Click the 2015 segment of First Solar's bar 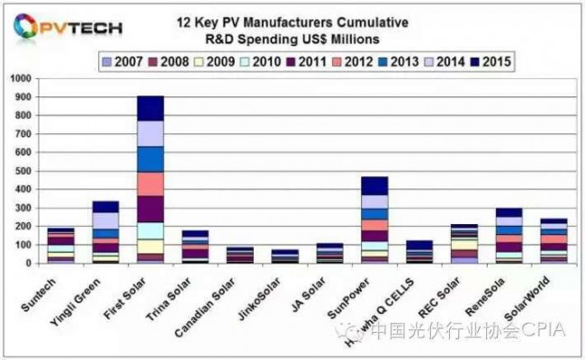click(x=150, y=108)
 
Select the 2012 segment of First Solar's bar click(x=150, y=184)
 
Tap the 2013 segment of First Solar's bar click(x=150, y=158)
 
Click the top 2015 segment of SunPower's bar click(x=374, y=185)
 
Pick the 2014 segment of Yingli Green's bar click(x=105, y=220)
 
